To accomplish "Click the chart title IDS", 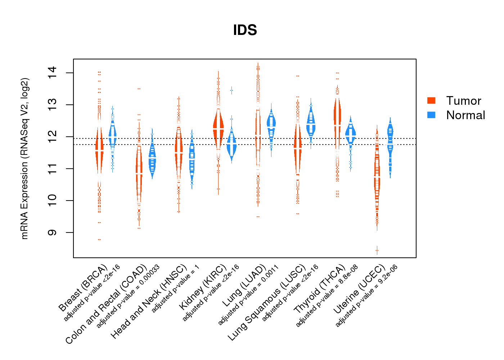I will coord(245,30).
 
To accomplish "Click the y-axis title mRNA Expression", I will coord(24,158).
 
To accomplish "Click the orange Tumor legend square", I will coord(431,100).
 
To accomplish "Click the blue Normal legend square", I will coord(431,115).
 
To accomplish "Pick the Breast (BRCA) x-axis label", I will coord(83,288).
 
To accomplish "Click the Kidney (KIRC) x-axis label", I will coord(203,287).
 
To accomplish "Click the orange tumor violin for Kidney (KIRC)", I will coord(218,128).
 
